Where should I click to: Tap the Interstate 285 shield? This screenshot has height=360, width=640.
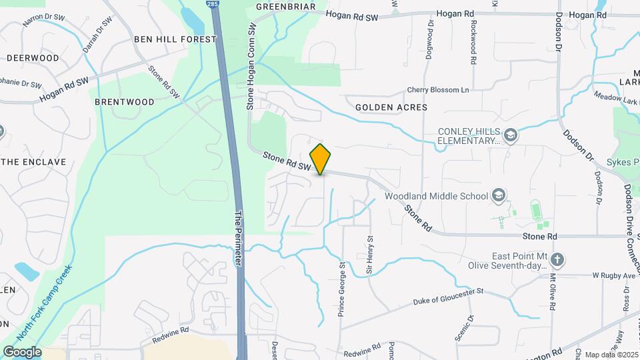click(x=212, y=5)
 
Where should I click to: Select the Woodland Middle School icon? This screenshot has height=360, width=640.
click(x=497, y=195)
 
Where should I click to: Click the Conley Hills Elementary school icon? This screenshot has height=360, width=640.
click(x=511, y=135)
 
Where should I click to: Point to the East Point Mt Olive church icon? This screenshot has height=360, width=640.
click(x=558, y=259)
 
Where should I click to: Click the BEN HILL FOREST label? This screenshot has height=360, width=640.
click(x=175, y=39)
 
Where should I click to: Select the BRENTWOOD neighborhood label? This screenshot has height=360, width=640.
click(x=125, y=102)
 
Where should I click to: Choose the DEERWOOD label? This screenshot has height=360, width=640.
click(x=33, y=58)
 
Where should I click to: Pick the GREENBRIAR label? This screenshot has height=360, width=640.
click(x=286, y=7)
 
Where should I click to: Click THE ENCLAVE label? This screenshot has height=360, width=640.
click(x=36, y=162)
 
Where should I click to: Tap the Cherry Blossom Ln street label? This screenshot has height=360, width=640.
click(x=438, y=90)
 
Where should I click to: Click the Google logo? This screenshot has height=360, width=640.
click(x=22, y=351)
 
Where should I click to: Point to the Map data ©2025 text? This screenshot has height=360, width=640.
click(x=611, y=354)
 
